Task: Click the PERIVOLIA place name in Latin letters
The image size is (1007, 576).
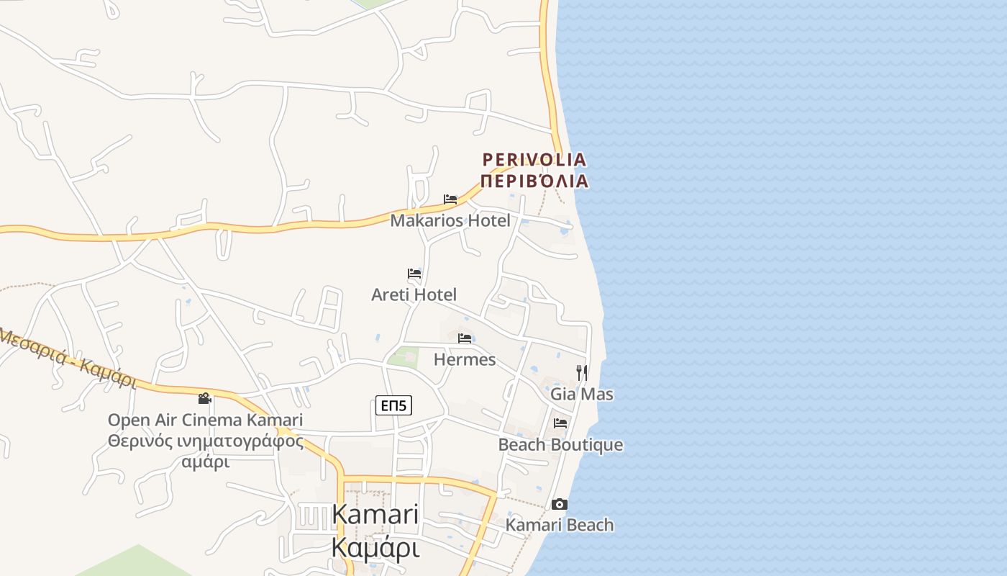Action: pyautogui.click(x=534, y=159)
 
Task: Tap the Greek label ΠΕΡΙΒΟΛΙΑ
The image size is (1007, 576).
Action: pyautogui.click(x=534, y=181)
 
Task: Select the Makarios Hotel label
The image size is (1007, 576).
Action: pyautogui.click(x=450, y=220)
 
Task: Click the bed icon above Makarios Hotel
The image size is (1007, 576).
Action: pyautogui.click(x=450, y=199)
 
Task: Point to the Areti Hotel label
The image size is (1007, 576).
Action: pyautogui.click(x=414, y=294)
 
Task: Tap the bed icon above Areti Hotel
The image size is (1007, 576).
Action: pyautogui.click(x=414, y=274)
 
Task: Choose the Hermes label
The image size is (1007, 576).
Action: pyautogui.click(x=465, y=359)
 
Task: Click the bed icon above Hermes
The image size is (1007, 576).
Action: pyautogui.click(x=465, y=338)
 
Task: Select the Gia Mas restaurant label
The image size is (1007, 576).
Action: pyautogui.click(x=582, y=394)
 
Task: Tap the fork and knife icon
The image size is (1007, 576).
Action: pyautogui.click(x=582, y=372)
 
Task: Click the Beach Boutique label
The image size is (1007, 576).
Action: pyautogui.click(x=560, y=445)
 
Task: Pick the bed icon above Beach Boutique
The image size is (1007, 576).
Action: pyautogui.click(x=560, y=423)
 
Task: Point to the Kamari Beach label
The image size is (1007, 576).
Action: pyautogui.click(x=560, y=525)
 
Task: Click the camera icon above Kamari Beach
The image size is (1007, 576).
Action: pyautogui.click(x=560, y=504)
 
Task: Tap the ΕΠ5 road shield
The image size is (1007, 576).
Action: pyautogui.click(x=393, y=406)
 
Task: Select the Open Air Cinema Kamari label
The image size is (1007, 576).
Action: pyautogui.click(x=205, y=420)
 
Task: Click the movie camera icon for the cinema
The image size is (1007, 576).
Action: pyautogui.click(x=205, y=398)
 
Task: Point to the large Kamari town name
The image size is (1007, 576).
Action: pyautogui.click(x=375, y=514)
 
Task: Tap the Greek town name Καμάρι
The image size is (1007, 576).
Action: pyautogui.click(x=375, y=547)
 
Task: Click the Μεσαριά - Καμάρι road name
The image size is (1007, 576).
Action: pyautogui.click(x=68, y=357)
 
